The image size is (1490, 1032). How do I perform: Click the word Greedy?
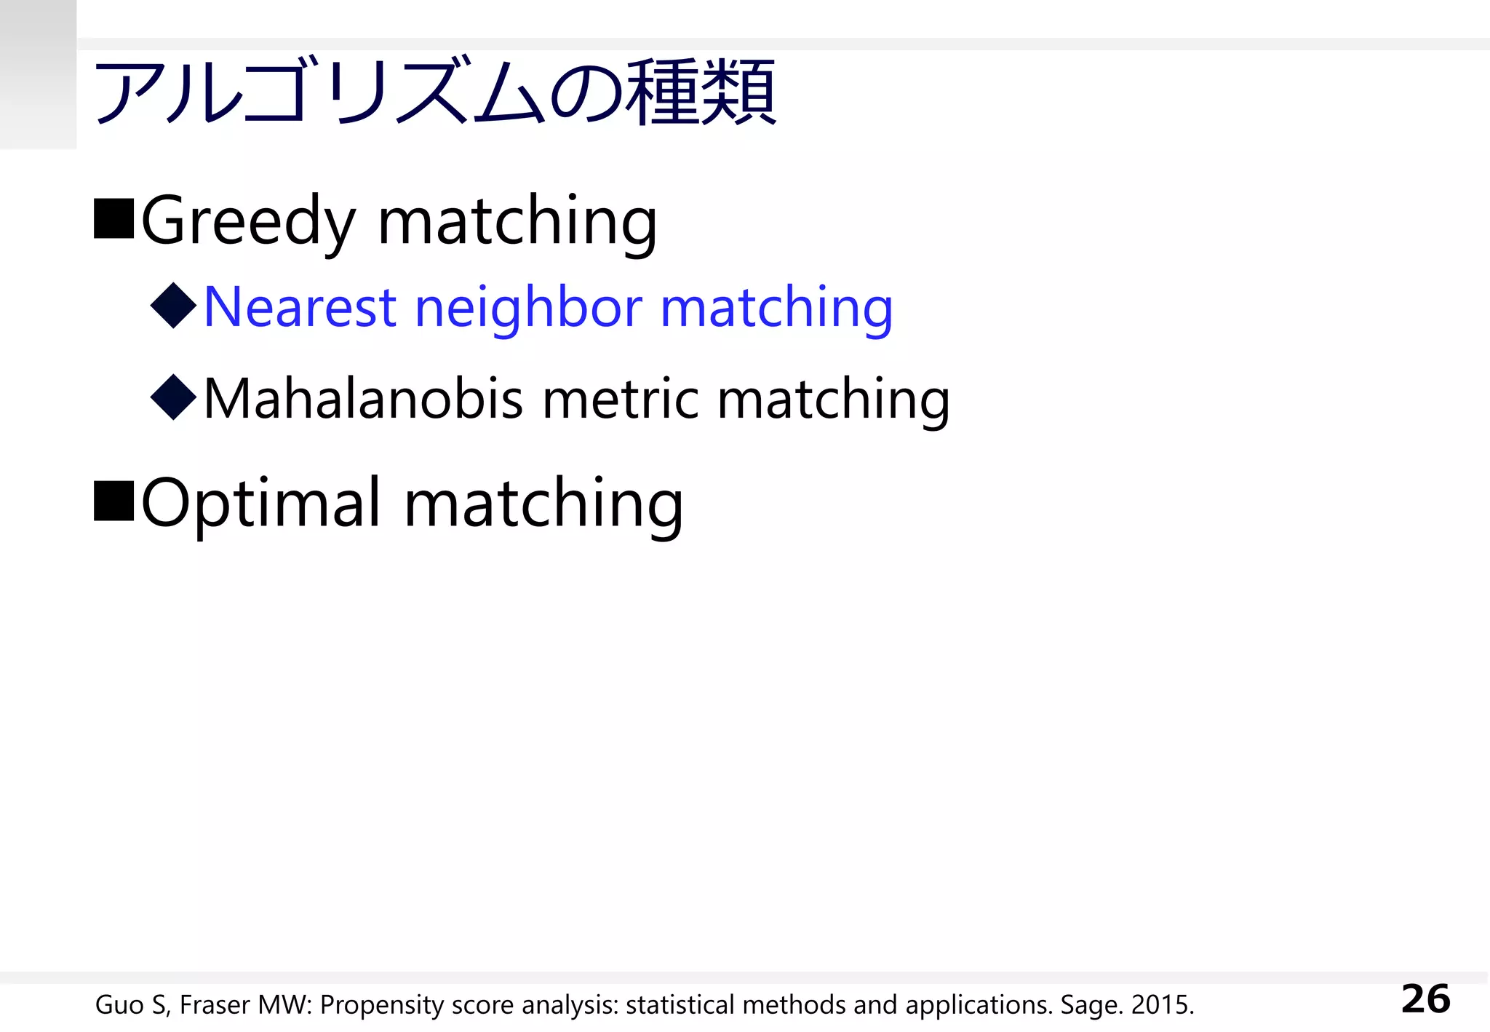point(248,221)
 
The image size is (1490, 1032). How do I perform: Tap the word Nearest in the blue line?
point(299,307)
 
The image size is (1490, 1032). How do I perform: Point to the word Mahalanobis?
point(363,399)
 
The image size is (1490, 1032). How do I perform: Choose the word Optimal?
point(260,504)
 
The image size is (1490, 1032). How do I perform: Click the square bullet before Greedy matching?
point(114,218)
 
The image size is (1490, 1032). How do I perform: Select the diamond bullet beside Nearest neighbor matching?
point(174,305)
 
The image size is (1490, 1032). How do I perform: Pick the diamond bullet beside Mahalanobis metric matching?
point(174,397)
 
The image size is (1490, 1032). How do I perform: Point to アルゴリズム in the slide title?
point(320,93)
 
